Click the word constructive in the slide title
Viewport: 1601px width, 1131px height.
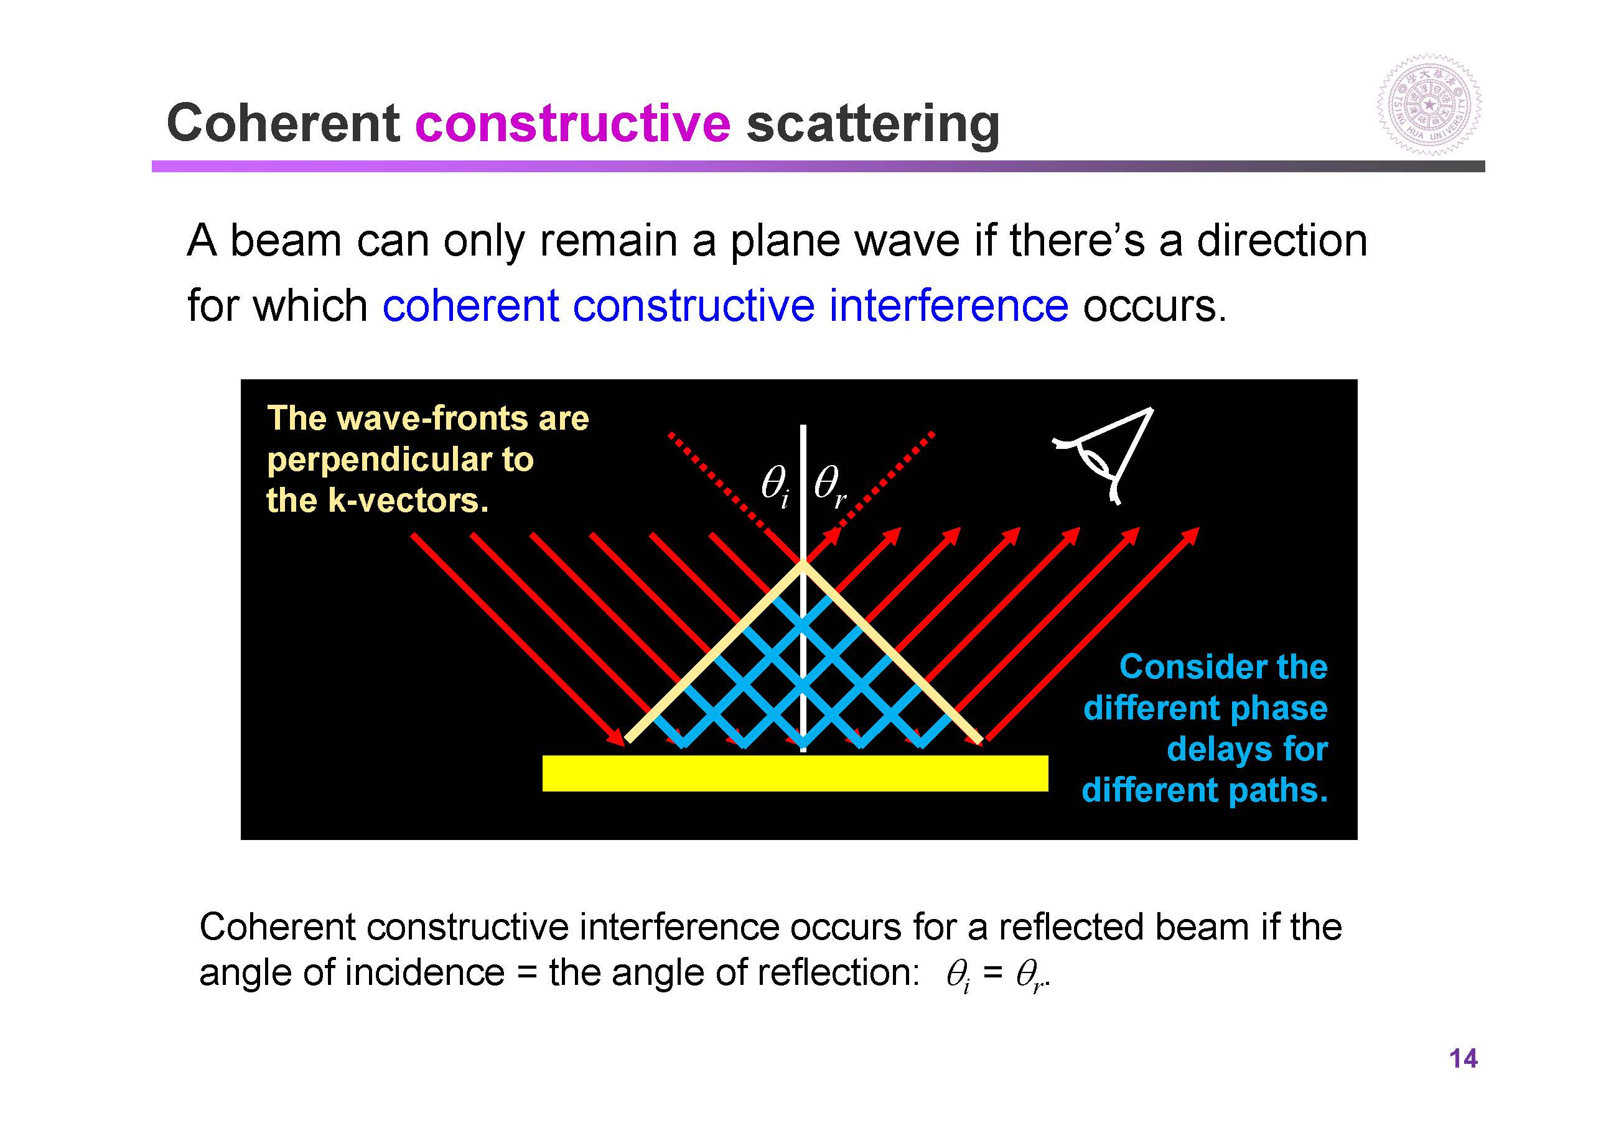tap(572, 123)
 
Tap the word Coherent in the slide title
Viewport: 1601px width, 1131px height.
tap(283, 123)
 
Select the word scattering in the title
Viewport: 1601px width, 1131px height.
tap(873, 126)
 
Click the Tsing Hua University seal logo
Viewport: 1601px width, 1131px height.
tap(1429, 105)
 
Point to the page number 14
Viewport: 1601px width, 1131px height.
tap(1463, 1058)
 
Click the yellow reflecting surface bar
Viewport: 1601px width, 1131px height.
tap(795, 773)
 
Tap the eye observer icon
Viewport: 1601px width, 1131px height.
tap(1103, 455)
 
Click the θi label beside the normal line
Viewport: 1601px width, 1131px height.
tap(775, 485)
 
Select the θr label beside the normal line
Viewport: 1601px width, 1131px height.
tap(830, 485)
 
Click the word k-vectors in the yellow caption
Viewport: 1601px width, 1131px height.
tap(409, 501)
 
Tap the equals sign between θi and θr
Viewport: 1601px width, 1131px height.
tap(992, 974)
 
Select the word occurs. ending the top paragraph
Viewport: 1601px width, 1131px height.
tap(1154, 307)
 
